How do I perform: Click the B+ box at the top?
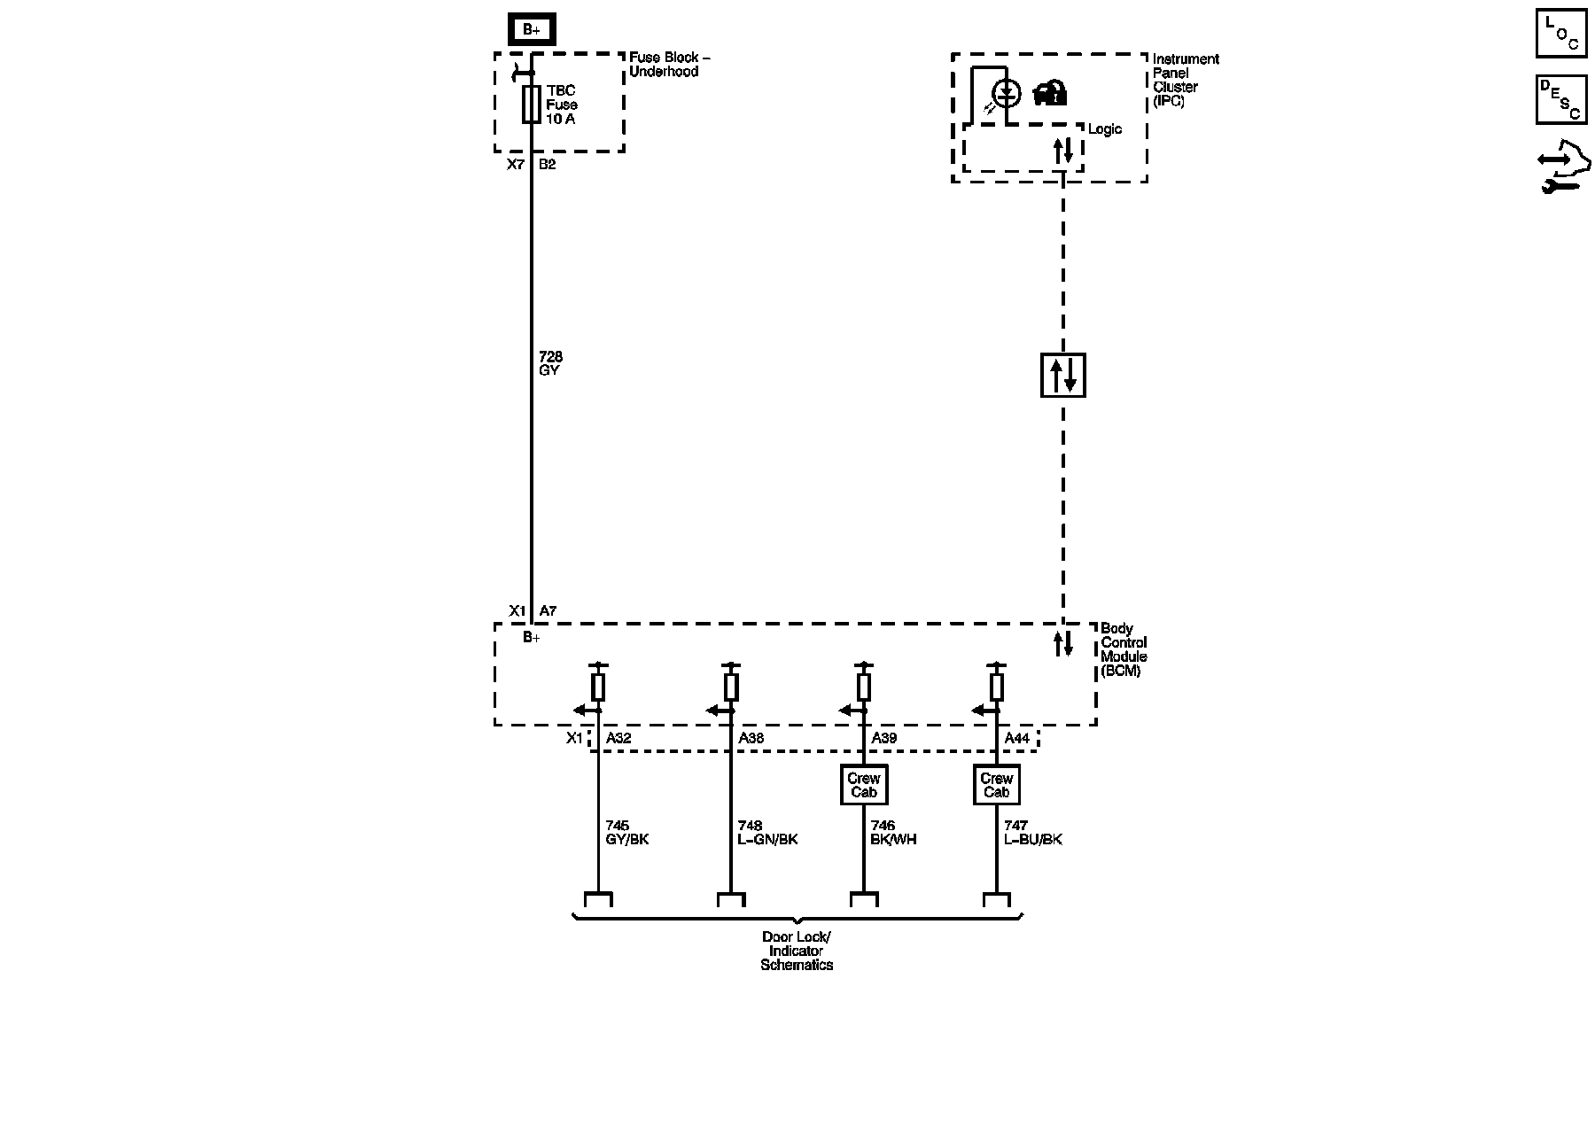531,29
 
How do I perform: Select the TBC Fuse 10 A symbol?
532,105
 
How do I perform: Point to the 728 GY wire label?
550,363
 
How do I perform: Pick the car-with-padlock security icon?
1050,93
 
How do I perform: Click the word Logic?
1104,129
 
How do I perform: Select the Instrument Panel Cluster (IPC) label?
1185,80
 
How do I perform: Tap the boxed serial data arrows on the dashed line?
1062,375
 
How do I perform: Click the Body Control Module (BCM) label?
1124,649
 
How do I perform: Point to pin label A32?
619,738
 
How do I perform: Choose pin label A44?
1016,738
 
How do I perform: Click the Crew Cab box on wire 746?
863,785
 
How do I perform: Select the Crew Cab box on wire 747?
996,785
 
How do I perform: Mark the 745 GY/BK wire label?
626,833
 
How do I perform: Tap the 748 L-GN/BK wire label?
767,833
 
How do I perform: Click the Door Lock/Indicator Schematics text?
797,951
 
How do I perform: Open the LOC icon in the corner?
1560,34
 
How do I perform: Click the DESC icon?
1560,99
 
